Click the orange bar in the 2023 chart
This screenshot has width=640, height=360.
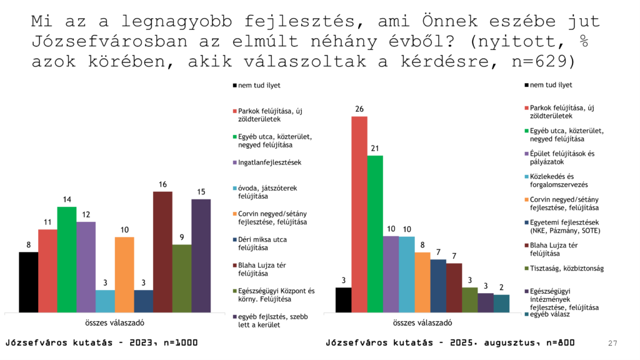(x=124, y=274)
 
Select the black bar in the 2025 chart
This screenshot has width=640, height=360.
(x=343, y=299)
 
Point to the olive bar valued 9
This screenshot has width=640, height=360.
(x=181, y=277)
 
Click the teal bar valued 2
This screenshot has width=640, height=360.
(x=501, y=303)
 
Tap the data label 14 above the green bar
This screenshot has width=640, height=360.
(x=67, y=199)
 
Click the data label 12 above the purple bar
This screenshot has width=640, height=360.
(x=86, y=214)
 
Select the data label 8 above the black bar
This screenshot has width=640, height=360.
(x=28, y=245)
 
